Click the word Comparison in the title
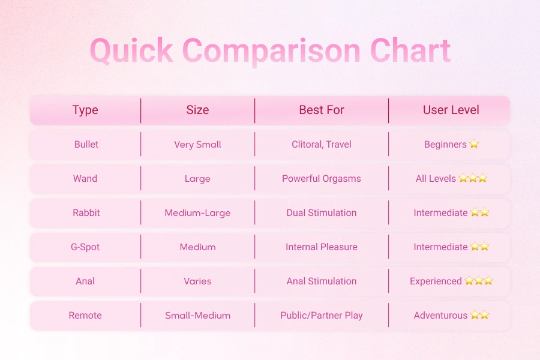click(x=271, y=52)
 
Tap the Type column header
click(x=85, y=110)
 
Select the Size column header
click(x=197, y=110)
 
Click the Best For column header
click(x=322, y=110)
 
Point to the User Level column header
click(x=451, y=110)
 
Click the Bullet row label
click(x=86, y=144)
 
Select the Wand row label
click(x=85, y=178)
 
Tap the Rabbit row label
click(x=85, y=212)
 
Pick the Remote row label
click(x=85, y=315)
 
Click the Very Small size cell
click(x=197, y=144)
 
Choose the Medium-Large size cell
click(x=197, y=212)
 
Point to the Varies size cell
click(x=197, y=281)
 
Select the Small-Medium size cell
click(x=197, y=315)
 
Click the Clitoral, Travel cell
click(x=322, y=144)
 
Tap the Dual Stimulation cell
click(x=322, y=212)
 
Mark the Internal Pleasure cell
click(x=322, y=247)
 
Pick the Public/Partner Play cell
click(x=322, y=315)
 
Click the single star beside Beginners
click(x=474, y=144)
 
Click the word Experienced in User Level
click(x=436, y=281)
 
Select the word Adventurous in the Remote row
click(x=440, y=315)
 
